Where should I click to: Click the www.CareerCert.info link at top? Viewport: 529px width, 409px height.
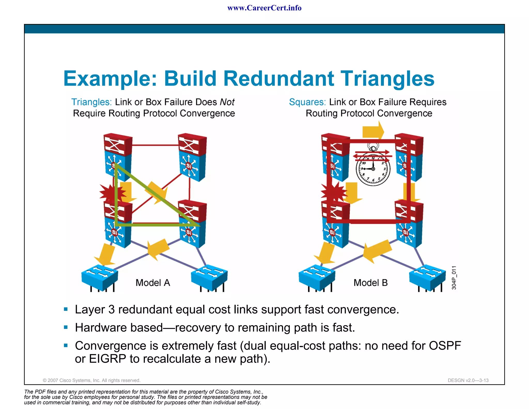click(264, 8)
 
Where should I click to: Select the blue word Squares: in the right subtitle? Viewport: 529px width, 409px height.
click(307, 102)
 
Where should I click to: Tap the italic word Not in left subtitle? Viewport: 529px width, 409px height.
click(227, 102)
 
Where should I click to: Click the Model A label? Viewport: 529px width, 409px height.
click(153, 283)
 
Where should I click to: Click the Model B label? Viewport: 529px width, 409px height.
click(370, 283)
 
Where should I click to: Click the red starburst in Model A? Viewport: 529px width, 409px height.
click(111, 193)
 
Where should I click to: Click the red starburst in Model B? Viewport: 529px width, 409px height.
click(333, 192)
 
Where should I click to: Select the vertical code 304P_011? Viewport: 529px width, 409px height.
click(454, 278)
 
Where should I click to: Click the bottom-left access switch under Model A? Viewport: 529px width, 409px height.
click(99, 277)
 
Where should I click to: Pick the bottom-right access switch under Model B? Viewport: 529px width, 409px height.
click(427, 277)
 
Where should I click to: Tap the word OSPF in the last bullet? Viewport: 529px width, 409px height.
click(445, 346)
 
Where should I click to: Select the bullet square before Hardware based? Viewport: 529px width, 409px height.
click(66, 327)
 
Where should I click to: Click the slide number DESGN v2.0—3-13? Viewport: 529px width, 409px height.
click(468, 380)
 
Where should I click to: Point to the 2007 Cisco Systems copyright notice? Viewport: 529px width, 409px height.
click(91, 380)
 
